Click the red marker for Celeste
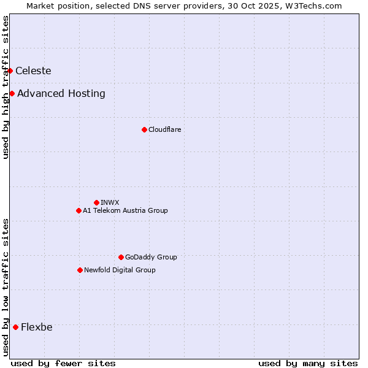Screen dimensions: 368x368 pyautogui.click(x=10, y=71)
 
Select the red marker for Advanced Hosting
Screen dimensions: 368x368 pyautogui.click(x=12, y=94)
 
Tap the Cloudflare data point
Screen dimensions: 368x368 pyautogui.click(x=144, y=129)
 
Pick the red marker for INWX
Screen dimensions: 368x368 pyautogui.click(x=96, y=202)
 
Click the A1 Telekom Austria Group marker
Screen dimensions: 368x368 pyautogui.click(x=79, y=210)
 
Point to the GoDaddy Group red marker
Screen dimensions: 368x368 pyautogui.click(x=121, y=257)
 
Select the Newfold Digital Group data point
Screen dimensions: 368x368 pyautogui.click(x=80, y=270)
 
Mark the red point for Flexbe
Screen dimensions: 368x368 pyautogui.click(x=15, y=327)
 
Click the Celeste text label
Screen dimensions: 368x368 pyautogui.click(x=33, y=71)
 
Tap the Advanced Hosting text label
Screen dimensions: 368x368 pyautogui.click(x=61, y=94)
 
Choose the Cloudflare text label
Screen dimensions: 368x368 pyautogui.click(x=164, y=129)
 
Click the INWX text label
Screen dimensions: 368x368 pyautogui.click(x=110, y=202)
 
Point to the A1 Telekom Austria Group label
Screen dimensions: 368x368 pyautogui.click(x=125, y=210)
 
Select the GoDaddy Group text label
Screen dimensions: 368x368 pyautogui.click(x=151, y=257)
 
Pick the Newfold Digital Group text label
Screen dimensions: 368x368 pyautogui.click(x=120, y=270)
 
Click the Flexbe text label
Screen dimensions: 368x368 pyautogui.click(x=37, y=327)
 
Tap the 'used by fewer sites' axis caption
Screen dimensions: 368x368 pyautogui.click(x=63, y=363)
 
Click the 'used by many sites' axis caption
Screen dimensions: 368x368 pyautogui.click(x=308, y=363)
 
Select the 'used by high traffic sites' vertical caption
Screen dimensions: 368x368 pyautogui.click(x=6, y=87)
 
